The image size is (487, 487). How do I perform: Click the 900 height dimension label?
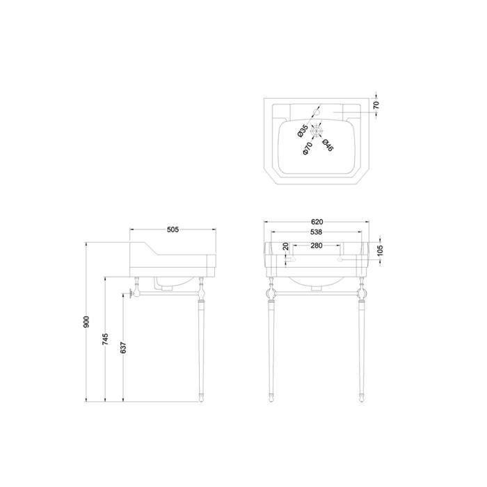tap(86, 321)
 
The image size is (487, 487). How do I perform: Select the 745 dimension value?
tap(105, 339)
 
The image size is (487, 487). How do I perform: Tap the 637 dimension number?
tap(123, 348)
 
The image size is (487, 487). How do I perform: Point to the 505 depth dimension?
tap(173, 230)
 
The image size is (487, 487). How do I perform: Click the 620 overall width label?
tap(317, 222)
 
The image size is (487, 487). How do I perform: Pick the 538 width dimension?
tap(316, 232)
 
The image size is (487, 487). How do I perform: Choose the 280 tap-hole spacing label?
tap(317, 246)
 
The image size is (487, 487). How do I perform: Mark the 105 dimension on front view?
tap(381, 250)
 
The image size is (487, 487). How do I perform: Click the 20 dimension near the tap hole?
tap(286, 246)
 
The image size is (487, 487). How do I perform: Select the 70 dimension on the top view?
tap(376, 105)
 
